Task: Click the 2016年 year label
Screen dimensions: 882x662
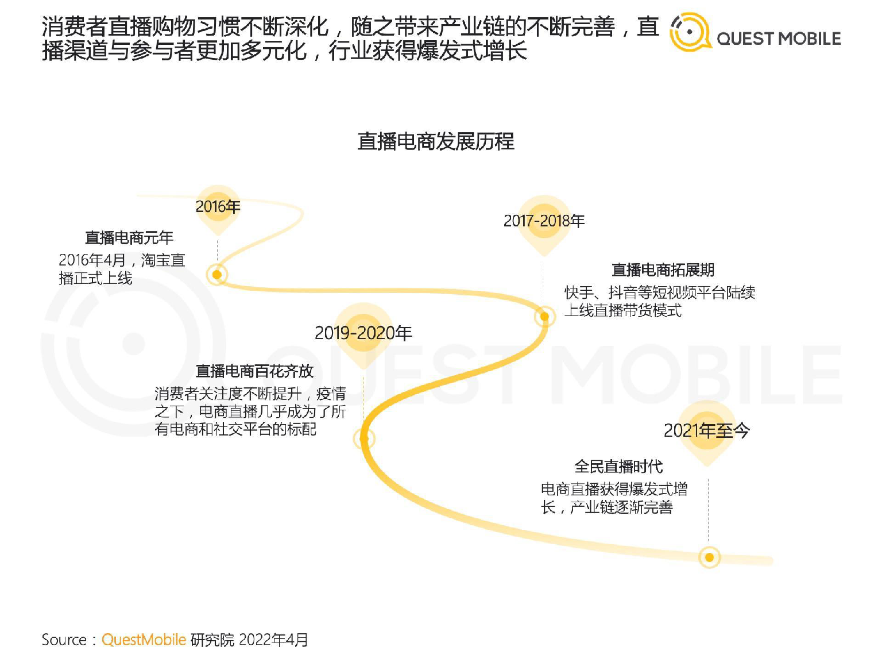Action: pyautogui.click(x=218, y=207)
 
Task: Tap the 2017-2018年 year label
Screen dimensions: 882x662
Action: pyautogui.click(x=544, y=221)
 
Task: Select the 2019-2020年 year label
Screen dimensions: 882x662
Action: pyautogui.click(x=363, y=333)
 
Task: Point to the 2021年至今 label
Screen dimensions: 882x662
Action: pyautogui.click(x=706, y=430)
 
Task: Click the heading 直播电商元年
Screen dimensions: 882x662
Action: pyautogui.click(x=129, y=237)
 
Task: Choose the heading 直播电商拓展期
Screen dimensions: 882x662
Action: pyautogui.click(x=663, y=270)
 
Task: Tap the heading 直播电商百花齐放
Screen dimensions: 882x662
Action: pyautogui.click(x=254, y=371)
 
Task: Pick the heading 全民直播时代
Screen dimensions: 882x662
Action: pyautogui.click(x=618, y=467)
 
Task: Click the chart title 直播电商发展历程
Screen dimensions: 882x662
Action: pyautogui.click(x=436, y=141)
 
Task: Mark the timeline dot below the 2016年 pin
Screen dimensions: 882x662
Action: pyautogui.click(x=217, y=275)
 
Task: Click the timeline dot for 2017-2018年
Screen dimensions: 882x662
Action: pyautogui.click(x=545, y=317)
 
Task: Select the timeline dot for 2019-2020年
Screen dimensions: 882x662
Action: pyautogui.click(x=364, y=438)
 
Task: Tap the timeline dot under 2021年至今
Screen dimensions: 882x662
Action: pyautogui.click(x=709, y=557)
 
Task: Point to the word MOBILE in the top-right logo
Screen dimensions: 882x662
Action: pyautogui.click(x=810, y=39)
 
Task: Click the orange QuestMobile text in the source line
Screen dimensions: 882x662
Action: pyautogui.click(x=144, y=640)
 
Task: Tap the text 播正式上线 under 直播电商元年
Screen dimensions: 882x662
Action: pyautogui.click(x=95, y=278)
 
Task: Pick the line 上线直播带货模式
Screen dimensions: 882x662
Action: pyautogui.click(x=623, y=310)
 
